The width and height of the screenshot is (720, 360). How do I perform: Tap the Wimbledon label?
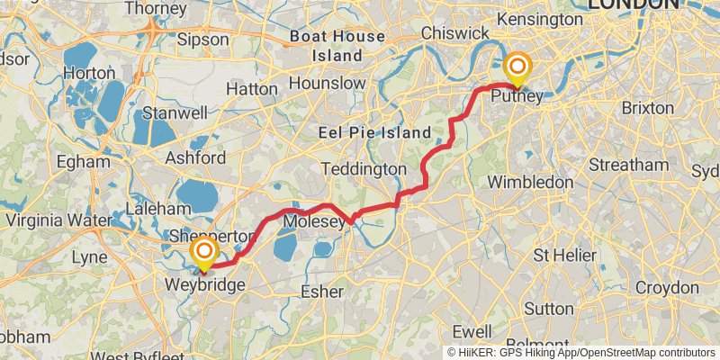click(x=530, y=182)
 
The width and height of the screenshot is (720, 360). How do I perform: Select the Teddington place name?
click(x=364, y=168)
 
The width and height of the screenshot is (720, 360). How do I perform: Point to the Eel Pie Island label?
click(x=375, y=132)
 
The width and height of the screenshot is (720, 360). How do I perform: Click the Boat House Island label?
click(x=337, y=46)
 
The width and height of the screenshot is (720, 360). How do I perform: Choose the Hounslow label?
click(x=328, y=83)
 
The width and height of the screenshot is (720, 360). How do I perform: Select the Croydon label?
click(x=667, y=288)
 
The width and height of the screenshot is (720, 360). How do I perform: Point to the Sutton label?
click(x=549, y=308)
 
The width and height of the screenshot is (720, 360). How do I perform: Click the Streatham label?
click(x=628, y=165)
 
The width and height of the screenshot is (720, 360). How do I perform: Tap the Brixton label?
click(x=647, y=107)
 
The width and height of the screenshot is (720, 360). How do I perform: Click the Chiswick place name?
click(x=459, y=32)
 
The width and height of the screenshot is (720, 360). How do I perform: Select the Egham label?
click(x=83, y=163)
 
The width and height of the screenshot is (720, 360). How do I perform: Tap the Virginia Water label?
click(x=56, y=220)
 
